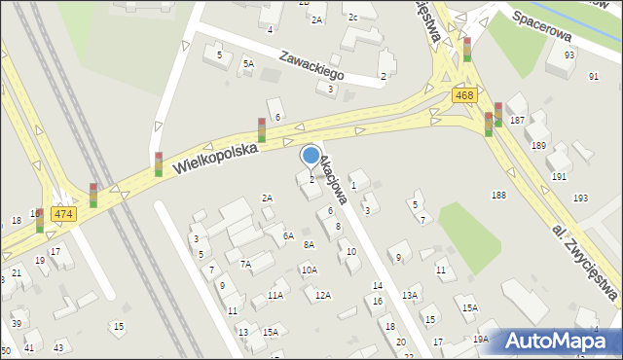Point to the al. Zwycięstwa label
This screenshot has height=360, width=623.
586,262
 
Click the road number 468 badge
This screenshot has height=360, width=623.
463,94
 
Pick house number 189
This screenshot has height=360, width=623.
538,145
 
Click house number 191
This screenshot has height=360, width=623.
559,176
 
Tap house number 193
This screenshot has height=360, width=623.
580,198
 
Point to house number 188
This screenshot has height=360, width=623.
498,196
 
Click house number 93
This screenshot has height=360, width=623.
568,54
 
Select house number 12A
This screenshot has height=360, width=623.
322,295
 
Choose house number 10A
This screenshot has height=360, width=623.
309,270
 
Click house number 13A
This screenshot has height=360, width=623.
411,295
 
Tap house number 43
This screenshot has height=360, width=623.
58,347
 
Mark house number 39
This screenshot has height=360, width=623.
17,323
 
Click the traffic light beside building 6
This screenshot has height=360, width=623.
261,129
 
